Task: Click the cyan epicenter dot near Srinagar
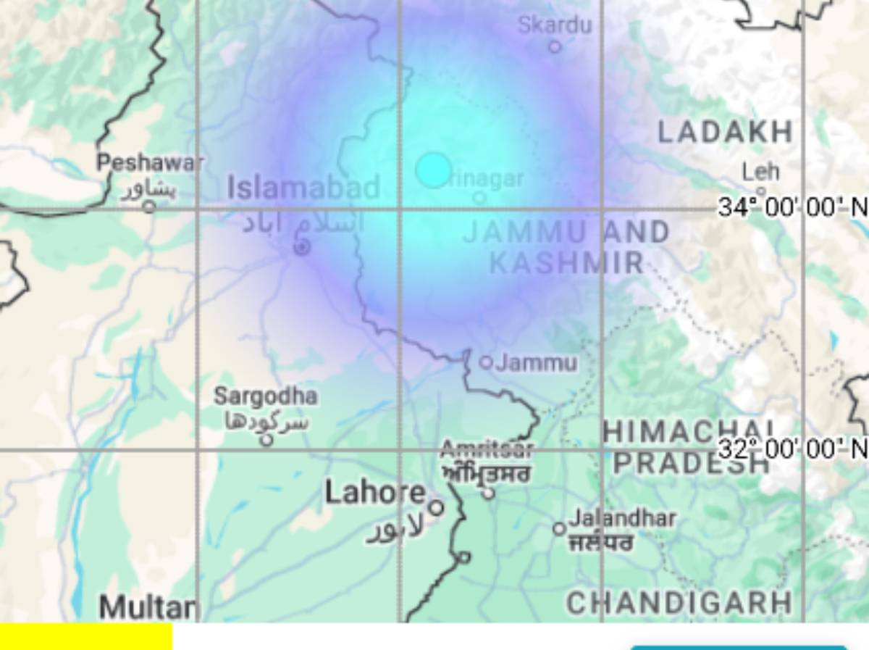[x=434, y=170]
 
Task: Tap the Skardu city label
[x=555, y=25]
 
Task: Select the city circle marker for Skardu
[x=555, y=47]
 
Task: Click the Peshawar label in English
[x=151, y=162]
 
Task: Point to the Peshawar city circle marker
[x=148, y=207]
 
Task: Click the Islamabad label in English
[x=303, y=188]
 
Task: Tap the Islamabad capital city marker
[x=301, y=247]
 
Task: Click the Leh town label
[x=760, y=172]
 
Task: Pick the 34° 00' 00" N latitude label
[x=792, y=208]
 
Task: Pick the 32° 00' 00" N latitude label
[x=792, y=449]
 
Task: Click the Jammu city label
[x=536, y=362]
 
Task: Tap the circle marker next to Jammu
[x=486, y=362]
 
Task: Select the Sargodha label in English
[x=265, y=396]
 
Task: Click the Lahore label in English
[x=375, y=493]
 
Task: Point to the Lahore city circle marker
[x=435, y=507]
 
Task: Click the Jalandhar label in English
[x=621, y=518]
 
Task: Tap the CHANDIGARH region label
[x=679, y=603]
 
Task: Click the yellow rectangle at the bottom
[x=85, y=636]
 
